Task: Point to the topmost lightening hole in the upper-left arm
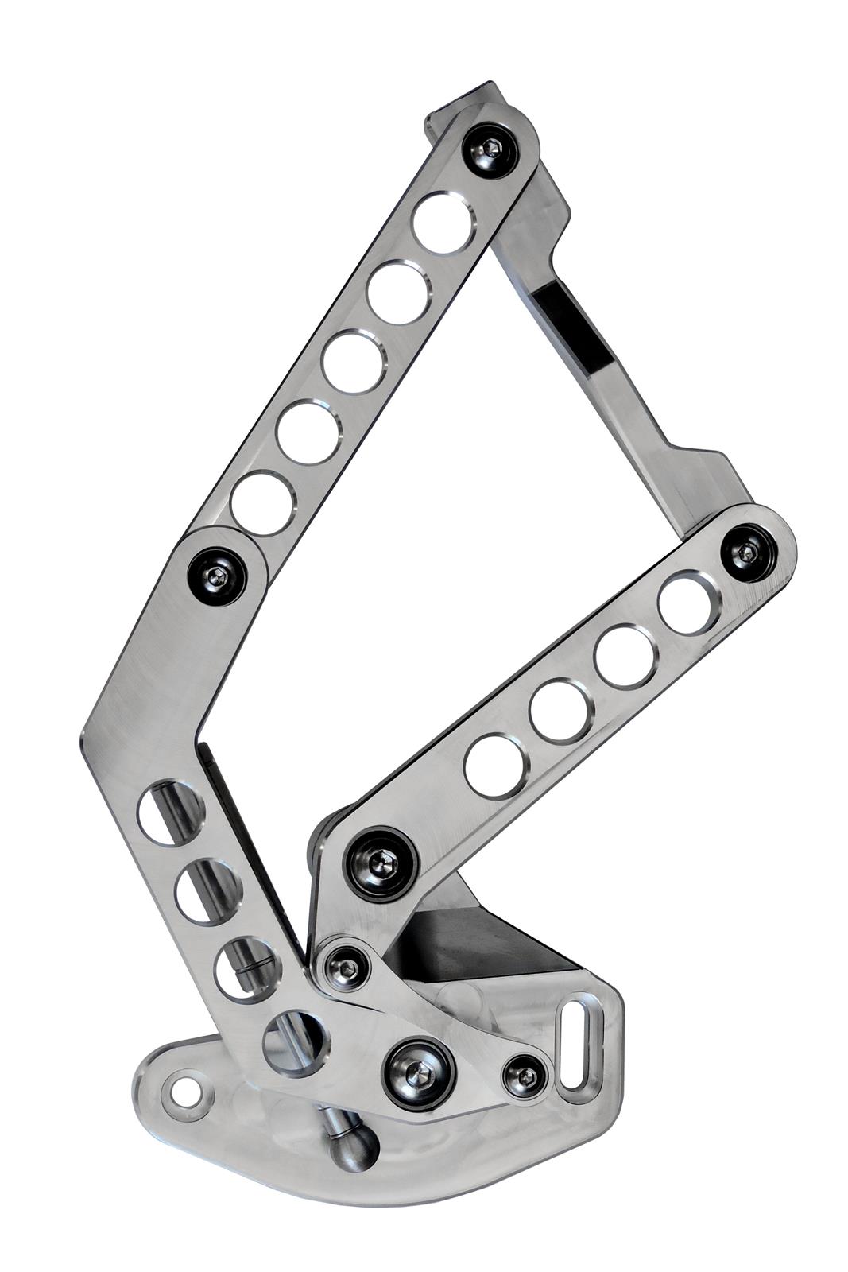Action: (443, 223)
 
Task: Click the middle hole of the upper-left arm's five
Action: (354, 363)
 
